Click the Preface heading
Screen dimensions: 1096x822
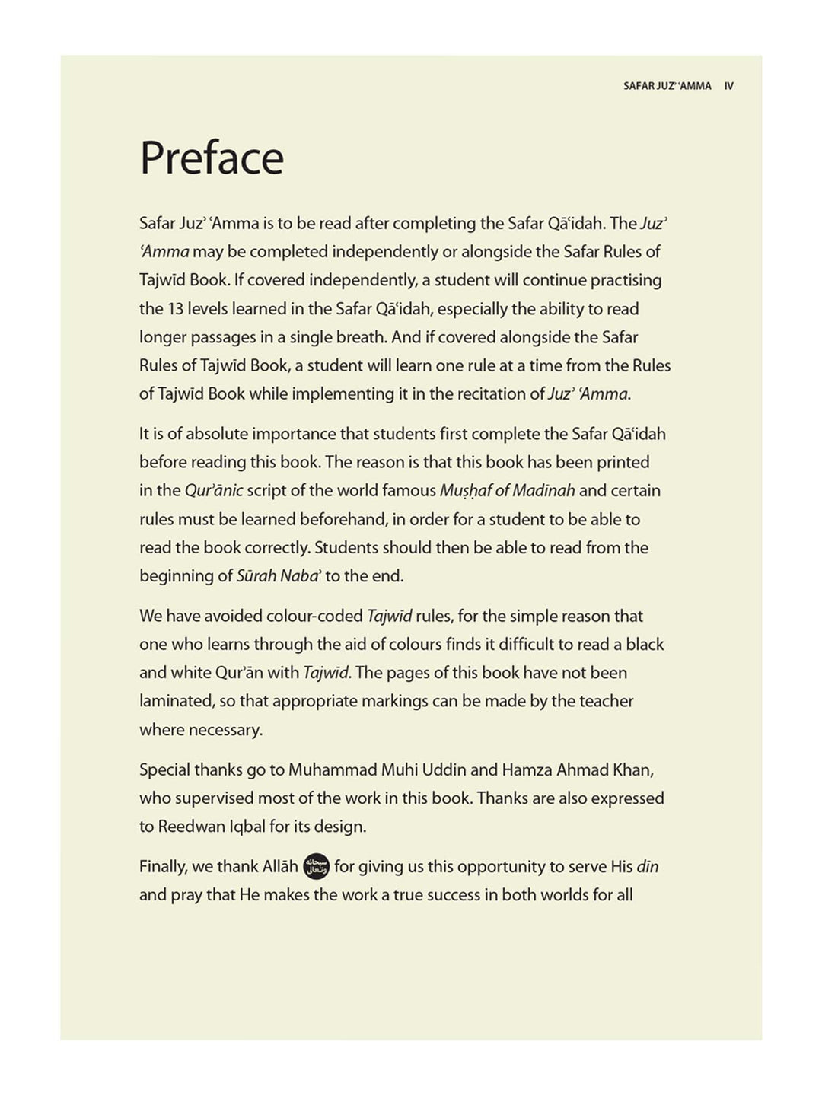click(x=212, y=158)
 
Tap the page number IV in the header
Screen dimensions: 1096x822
click(x=728, y=86)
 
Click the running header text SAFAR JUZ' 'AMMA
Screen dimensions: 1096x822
click(x=667, y=86)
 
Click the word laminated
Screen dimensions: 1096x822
click(x=176, y=701)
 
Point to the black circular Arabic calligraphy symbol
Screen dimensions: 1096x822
click(x=316, y=866)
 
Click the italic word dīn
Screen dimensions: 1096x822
click(x=647, y=866)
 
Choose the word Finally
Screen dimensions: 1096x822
click(x=163, y=866)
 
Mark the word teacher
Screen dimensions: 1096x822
click(x=606, y=701)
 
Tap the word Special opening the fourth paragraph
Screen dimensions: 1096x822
click(x=164, y=769)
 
